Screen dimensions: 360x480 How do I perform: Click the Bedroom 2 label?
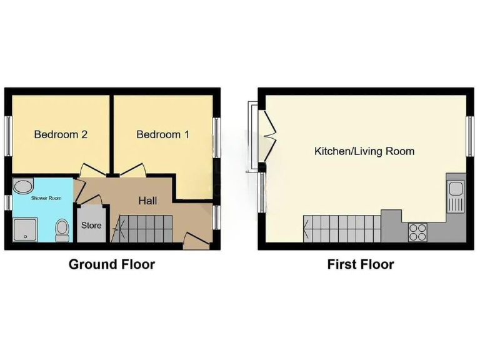pyautogui.click(x=60, y=134)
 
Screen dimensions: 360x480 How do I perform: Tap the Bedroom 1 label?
pyautogui.click(x=162, y=134)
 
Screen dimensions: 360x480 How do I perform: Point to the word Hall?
pyautogui.click(x=147, y=201)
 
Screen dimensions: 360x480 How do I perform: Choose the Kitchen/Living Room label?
pyautogui.click(x=364, y=151)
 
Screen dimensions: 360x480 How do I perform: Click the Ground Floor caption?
pyautogui.click(x=111, y=264)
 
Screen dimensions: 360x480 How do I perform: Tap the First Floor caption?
pyautogui.click(x=361, y=264)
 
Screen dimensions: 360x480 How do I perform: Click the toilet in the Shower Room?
pyautogui.click(x=62, y=230)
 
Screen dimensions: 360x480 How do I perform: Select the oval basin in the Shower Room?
pyautogui.click(x=23, y=186)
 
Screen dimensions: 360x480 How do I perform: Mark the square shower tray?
pyautogui.click(x=25, y=229)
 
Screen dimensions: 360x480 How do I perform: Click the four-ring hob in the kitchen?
pyautogui.click(x=417, y=232)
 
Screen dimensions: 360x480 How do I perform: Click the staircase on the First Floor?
pyautogui.click(x=341, y=228)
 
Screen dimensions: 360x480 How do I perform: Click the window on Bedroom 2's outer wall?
pyautogui.click(x=8, y=134)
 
